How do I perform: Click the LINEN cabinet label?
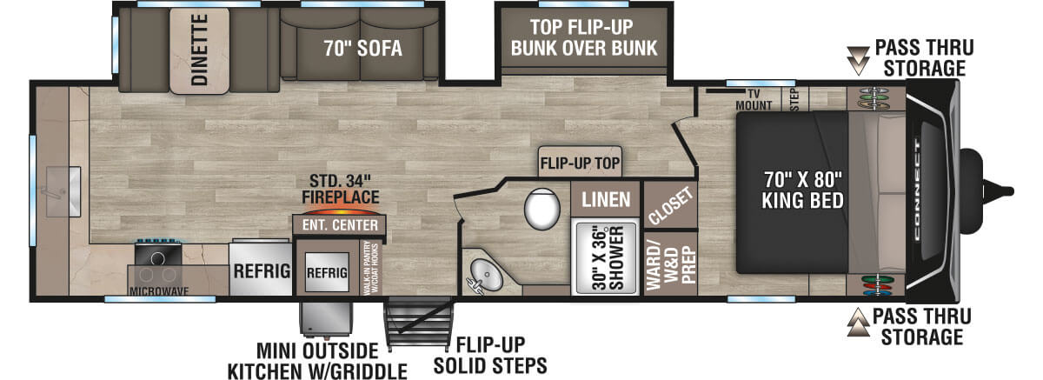tap(606, 199)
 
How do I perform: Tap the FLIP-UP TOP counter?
tap(579, 162)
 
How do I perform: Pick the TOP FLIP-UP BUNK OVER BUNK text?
tap(584, 37)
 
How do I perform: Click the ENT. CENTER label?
tap(340, 225)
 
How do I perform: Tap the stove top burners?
tap(159, 257)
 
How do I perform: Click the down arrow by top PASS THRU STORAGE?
tap(859, 59)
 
